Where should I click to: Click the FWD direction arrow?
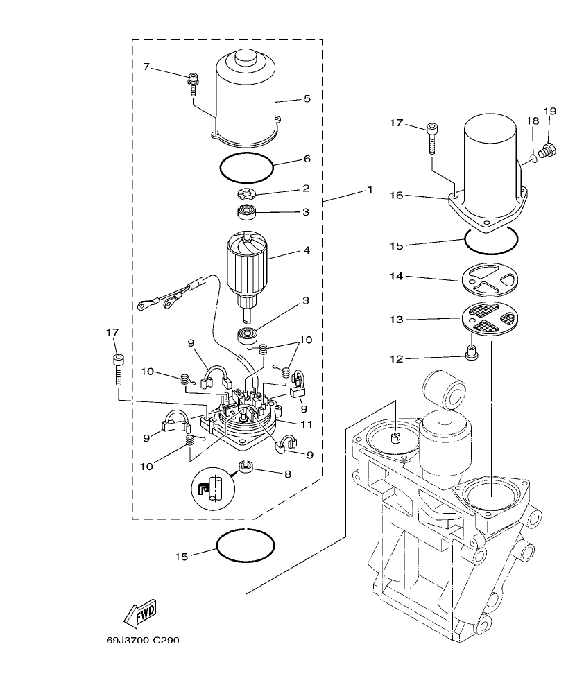click(139, 613)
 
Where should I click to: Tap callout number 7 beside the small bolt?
click(146, 67)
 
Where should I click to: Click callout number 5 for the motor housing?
click(307, 99)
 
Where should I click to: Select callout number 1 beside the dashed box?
click(370, 189)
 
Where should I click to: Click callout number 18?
click(533, 121)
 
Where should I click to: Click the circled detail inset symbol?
click(210, 490)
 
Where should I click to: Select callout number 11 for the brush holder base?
click(307, 424)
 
